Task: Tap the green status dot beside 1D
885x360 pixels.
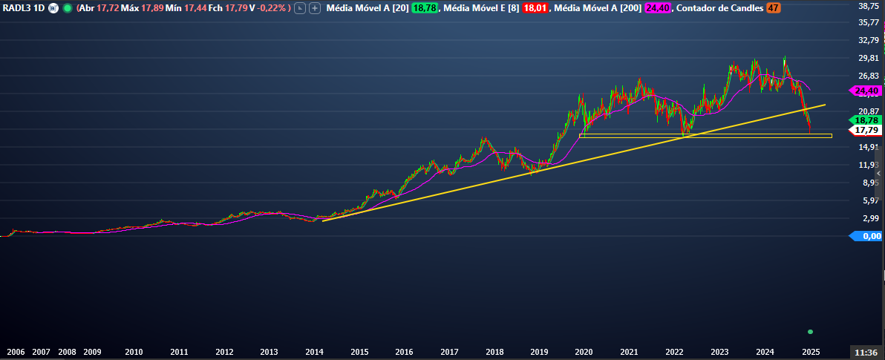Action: point(68,8)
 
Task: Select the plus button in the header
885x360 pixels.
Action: point(315,8)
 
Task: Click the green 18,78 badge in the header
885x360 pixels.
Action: point(424,8)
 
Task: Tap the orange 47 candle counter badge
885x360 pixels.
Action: point(774,8)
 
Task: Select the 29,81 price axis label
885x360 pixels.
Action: point(868,58)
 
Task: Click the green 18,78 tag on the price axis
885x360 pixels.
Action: point(866,120)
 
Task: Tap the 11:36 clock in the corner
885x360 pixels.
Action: point(867,352)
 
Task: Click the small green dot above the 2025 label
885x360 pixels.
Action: point(810,331)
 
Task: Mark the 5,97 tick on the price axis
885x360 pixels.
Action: point(868,200)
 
